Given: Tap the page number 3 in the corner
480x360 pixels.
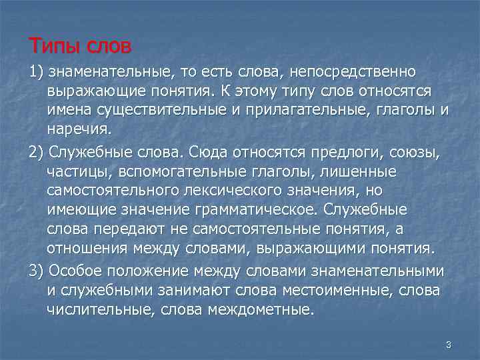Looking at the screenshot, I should (x=449, y=345).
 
